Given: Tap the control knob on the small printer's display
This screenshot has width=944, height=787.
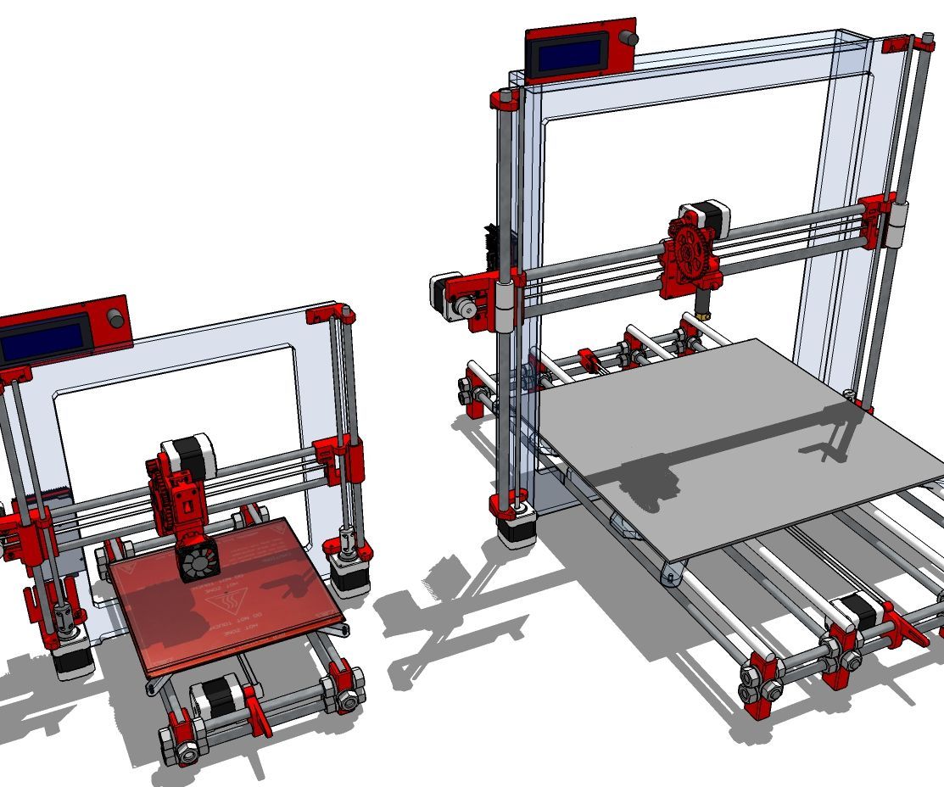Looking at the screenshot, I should click(x=115, y=320).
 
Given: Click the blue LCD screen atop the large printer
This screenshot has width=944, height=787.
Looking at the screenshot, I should click(x=571, y=54).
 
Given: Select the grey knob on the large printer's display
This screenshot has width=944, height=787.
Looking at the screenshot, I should click(x=628, y=39).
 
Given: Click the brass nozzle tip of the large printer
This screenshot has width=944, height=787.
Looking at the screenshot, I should click(x=702, y=315).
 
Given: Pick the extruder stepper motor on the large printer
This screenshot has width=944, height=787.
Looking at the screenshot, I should click(x=712, y=220).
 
